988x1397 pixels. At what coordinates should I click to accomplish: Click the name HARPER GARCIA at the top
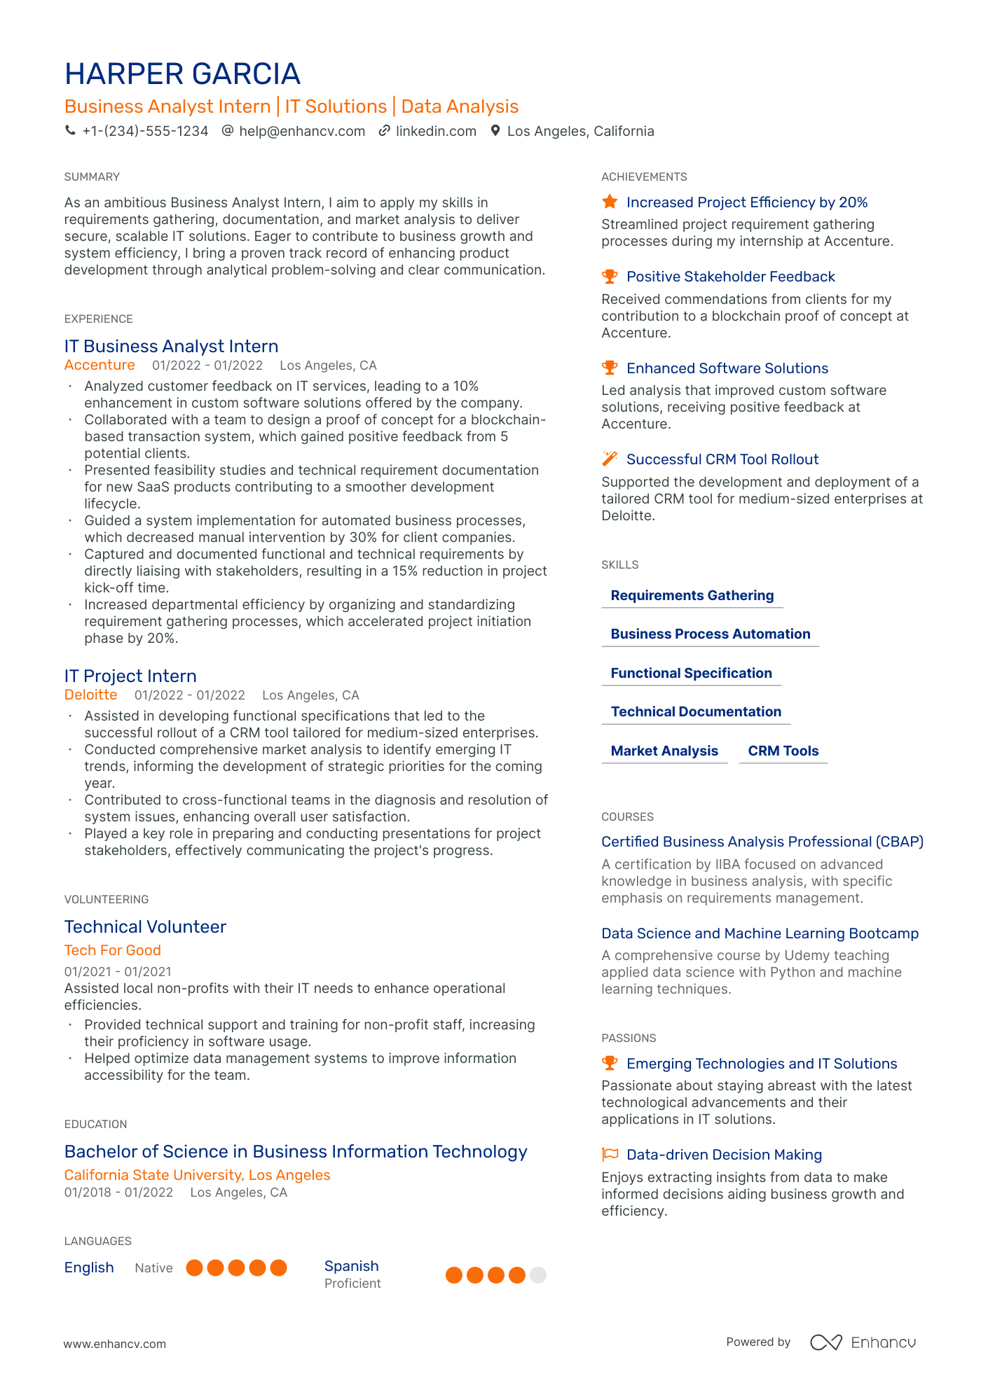click(182, 74)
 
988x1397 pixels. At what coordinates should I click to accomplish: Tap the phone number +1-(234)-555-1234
click(145, 131)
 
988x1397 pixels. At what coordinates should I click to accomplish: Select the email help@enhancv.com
click(302, 131)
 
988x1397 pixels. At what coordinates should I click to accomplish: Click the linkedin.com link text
click(436, 131)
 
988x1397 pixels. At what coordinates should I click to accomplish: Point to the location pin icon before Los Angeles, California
click(495, 131)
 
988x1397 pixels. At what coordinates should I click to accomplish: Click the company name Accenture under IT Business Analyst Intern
click(100, 365)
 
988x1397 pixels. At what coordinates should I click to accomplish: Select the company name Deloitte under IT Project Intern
click(90, 695)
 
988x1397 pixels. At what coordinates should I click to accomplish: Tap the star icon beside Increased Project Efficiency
click(610, 202)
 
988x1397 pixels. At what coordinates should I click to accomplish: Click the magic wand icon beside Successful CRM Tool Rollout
click(610, 459)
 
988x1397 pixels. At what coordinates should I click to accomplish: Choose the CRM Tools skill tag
click(783, 751)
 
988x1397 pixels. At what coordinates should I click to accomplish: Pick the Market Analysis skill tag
click(664, 751)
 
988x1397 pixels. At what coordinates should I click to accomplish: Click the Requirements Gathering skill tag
click(692, 595)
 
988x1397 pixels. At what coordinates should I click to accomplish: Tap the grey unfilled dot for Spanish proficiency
click(537, 1275)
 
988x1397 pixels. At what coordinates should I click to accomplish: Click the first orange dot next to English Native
click(195, 1267)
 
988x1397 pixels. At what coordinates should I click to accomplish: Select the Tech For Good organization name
click(113, 950)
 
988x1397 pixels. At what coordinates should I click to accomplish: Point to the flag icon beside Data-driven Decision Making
click(610, 1155)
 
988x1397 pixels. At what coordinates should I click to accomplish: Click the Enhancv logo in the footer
click(863, 1342)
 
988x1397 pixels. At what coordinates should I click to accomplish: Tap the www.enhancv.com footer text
click(115, 1344)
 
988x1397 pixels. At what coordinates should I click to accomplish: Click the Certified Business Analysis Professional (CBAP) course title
click(762, 842)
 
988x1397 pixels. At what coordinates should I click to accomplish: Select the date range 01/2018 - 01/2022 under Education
click(118, 1193)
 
